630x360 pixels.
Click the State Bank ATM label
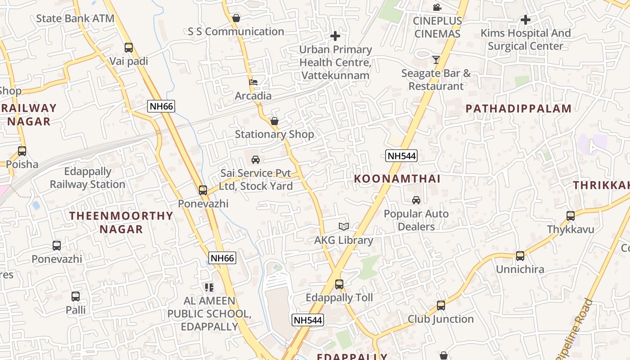click(75, 18)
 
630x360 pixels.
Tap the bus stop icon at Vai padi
click(129, 47)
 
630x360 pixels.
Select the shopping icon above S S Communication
click(236, 18)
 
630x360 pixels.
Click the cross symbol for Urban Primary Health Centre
click(335, 36)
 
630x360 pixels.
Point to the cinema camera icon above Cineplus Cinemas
click(437, 7)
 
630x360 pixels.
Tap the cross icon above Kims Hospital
click(525, 20)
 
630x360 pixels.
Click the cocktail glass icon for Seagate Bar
click(436, 59)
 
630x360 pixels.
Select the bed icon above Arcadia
click(253, 82)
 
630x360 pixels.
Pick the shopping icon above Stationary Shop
click(274, 121)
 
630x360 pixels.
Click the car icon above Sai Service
click(256, 160)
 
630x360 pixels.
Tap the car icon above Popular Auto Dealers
click(416, 200)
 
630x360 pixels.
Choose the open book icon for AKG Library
click(344, 227)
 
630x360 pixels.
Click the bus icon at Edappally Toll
click(339, 284)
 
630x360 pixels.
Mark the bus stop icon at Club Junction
click(441, 306)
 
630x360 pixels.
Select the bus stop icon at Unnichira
click(520, 256)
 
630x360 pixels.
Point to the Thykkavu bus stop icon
click(571, 216)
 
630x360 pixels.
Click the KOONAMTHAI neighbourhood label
click(397, 179)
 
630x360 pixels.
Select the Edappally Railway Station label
click(88, 178)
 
